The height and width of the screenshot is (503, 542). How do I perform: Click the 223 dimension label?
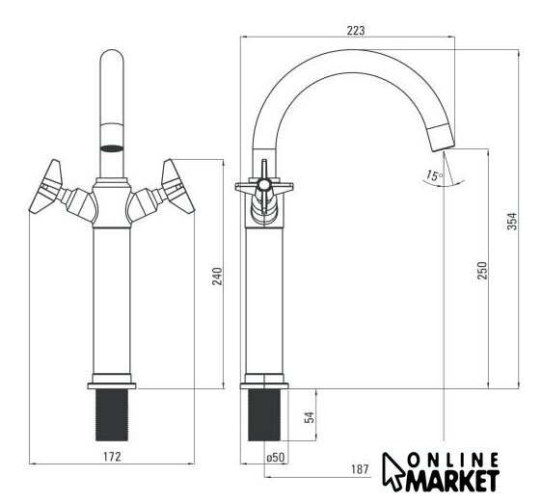point(356,31)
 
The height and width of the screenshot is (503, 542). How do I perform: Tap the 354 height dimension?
point(512,221)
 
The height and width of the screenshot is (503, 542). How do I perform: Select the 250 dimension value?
point(482,271)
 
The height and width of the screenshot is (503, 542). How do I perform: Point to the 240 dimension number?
point(217,277)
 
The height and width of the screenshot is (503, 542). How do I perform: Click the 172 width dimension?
point(112,457)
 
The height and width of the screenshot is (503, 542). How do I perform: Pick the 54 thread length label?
point(310,417)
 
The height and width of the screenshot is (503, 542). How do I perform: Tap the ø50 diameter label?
point(276,458)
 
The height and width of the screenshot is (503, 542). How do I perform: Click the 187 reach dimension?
point(360,469)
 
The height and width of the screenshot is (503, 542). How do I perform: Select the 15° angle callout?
point(434,175)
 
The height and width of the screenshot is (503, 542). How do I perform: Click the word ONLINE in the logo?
point(453,461)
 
